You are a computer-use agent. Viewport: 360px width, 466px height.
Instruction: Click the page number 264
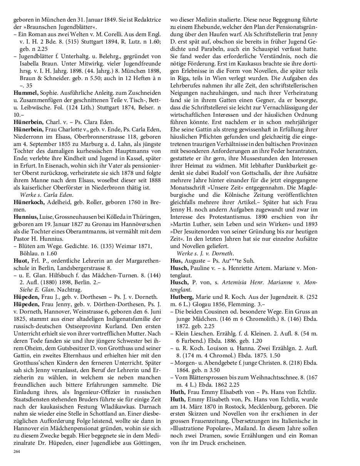[x=17, y=451]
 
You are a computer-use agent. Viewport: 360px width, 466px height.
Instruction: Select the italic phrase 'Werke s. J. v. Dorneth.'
[x=205, y=253]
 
